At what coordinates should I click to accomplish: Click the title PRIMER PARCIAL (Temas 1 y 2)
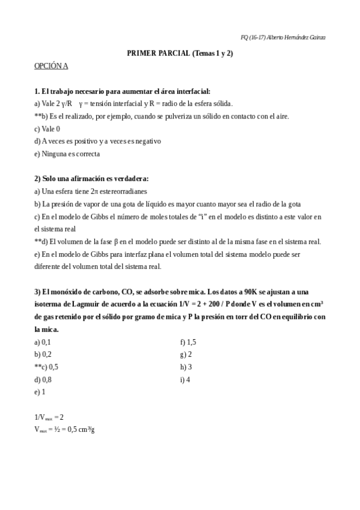point(180,53)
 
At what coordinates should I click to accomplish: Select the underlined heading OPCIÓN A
point(51,66)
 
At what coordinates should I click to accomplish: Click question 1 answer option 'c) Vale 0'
point(47,128)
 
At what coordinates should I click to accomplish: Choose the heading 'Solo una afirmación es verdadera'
point(95,179)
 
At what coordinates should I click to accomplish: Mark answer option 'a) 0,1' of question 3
point(43,342)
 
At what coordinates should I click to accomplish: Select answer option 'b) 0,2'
point(43,354)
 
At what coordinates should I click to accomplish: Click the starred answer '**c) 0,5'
point(46,367)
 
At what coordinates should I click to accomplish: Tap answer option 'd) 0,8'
point(43,379)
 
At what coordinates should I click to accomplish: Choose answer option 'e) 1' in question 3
point(40,392)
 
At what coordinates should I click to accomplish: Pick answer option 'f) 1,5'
point(188,342)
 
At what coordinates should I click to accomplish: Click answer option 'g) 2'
point(186,354)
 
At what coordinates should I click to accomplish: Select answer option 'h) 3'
point(186,367)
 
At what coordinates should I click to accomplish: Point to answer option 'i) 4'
point(185,379)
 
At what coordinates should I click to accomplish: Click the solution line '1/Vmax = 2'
point(49,417)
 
